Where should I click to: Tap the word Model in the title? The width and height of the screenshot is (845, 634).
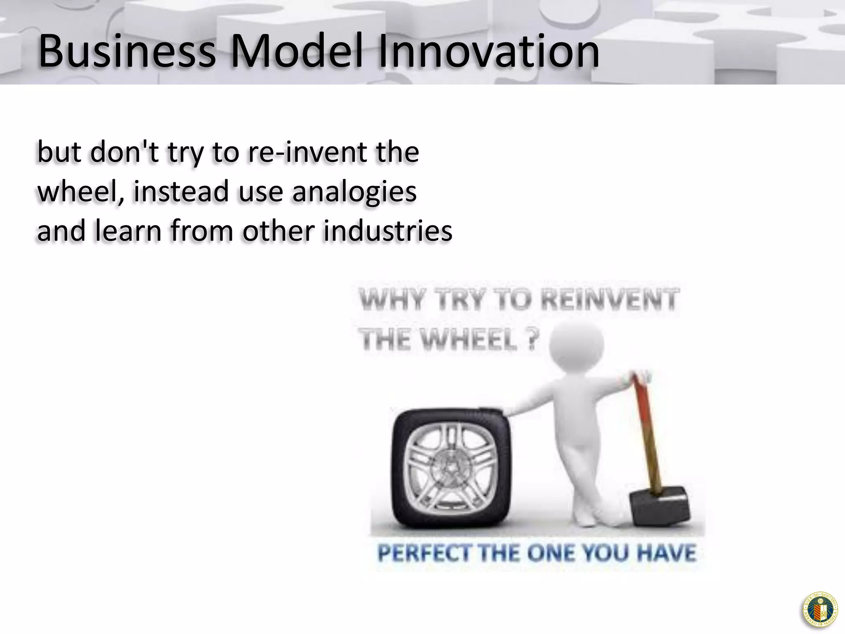point(297,52)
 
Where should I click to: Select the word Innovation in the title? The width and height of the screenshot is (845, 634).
point(489,52)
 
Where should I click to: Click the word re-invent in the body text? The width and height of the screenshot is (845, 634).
point(307,152)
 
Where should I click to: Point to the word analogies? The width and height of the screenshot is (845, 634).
point(355,192)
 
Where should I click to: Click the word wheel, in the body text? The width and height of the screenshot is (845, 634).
point(81,192)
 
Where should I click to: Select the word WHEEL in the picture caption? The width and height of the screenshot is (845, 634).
point(470,341)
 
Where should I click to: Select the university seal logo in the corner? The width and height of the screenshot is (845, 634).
point(820,610)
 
